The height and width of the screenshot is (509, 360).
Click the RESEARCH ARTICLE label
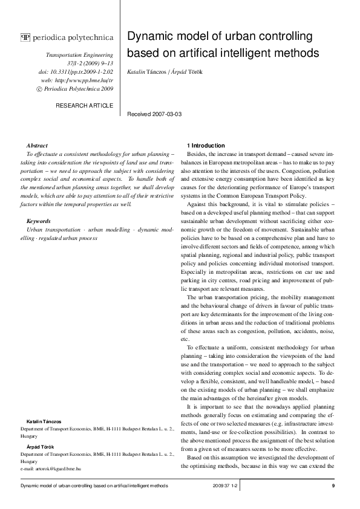tap(84, 105)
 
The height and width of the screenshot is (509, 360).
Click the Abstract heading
tap(38, 146)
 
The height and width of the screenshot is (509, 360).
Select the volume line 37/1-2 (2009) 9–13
tap(90, 63)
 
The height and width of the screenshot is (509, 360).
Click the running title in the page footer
tap(94, 486)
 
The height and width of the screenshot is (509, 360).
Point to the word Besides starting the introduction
tap(198, 155)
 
